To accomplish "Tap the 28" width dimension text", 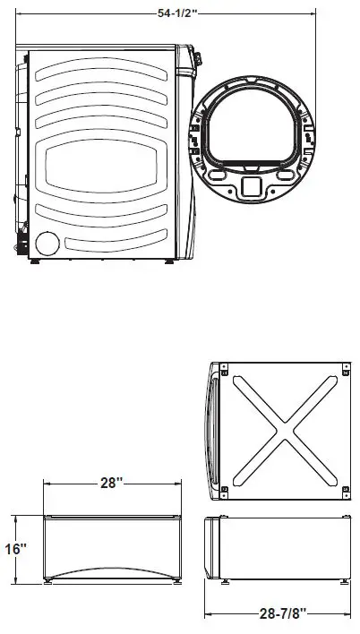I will click(x=111, y=483).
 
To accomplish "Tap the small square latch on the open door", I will click(x=252, y=185).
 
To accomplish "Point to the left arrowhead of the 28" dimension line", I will click(x=47, y=484).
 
